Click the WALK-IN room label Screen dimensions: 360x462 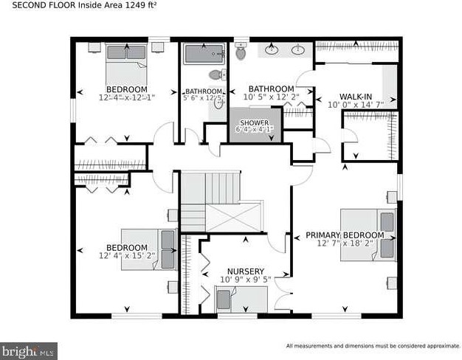[355, 97]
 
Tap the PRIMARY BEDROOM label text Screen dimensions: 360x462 [345, 235]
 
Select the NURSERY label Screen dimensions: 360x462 [245, 271]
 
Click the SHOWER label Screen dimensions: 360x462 [253, 122]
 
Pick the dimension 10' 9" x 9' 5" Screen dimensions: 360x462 [245, 280]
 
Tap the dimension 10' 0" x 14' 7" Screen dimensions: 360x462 [355, 105]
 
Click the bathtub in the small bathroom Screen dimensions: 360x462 [204, 54]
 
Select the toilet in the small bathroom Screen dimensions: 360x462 [216, 75]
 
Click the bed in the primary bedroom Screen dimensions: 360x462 [367, 234]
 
